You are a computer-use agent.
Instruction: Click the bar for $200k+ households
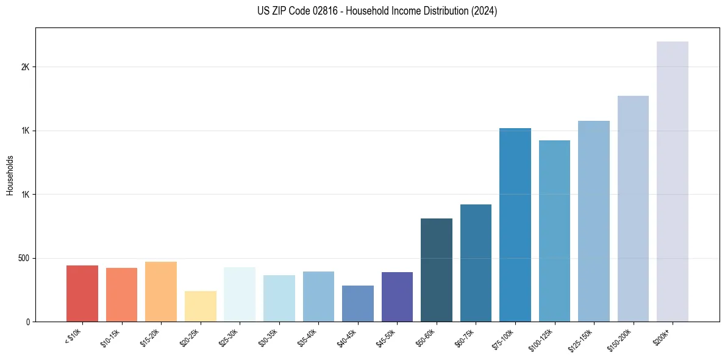(x=672, y=181)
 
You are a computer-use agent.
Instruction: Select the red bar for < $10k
(x=82, y=293)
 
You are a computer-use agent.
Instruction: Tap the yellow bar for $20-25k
(x=200, y=306)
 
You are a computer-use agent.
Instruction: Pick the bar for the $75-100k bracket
(x=515, y=225)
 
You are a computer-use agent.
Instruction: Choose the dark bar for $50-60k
(x=436, y=270)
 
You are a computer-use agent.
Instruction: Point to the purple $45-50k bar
(x=397, y=297)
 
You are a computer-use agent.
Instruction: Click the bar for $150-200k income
(x=633, y=209)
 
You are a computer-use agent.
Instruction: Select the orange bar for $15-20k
(x=160, y=292)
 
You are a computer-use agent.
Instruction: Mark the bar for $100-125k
(x=554, y=231)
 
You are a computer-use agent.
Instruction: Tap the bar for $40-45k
(x=357, y=303)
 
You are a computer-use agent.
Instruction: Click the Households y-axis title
(x=10, y=175)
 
